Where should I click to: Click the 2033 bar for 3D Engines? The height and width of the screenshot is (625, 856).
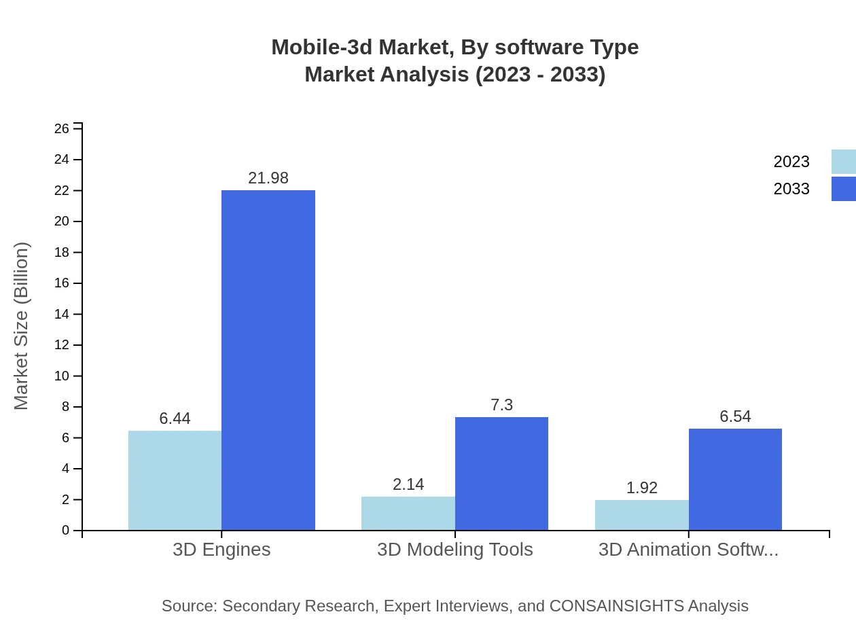point(268,360)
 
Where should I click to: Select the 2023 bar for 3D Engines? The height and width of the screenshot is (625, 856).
point(175,480)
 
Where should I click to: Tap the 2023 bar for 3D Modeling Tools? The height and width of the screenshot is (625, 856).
point(408,513)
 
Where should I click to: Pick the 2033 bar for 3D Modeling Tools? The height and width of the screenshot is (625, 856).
point(501,474)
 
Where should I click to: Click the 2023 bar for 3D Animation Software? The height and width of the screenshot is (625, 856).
point(641,515)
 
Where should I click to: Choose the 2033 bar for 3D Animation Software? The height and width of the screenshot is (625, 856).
point(735,479)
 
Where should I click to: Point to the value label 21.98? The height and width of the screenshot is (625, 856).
point(268,178)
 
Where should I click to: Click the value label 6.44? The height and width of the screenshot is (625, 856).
point(175,418)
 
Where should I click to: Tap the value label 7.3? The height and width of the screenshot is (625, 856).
point(501,405)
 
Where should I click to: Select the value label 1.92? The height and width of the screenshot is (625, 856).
point(641,488)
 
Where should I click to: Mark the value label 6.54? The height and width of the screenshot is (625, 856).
point(735,416)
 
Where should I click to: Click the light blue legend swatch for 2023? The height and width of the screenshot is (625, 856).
point(843,162)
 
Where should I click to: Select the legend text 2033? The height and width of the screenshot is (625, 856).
point(791,189)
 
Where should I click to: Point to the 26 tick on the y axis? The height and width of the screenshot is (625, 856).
point(62,128)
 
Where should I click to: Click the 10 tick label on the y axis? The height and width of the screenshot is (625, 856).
point(62,376)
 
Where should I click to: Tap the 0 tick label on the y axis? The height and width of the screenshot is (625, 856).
point(66,531)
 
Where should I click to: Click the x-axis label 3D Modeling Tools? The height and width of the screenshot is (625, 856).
point(454,550)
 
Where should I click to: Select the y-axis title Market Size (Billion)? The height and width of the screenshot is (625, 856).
point(21,326)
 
